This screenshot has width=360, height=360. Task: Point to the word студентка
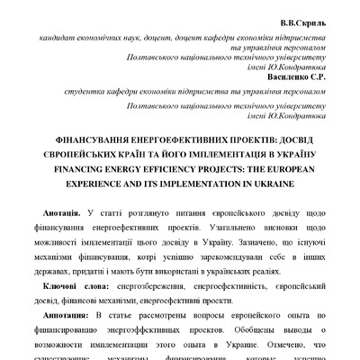click(x=73, y=92)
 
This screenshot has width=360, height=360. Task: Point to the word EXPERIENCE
click(x=111, y=181)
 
